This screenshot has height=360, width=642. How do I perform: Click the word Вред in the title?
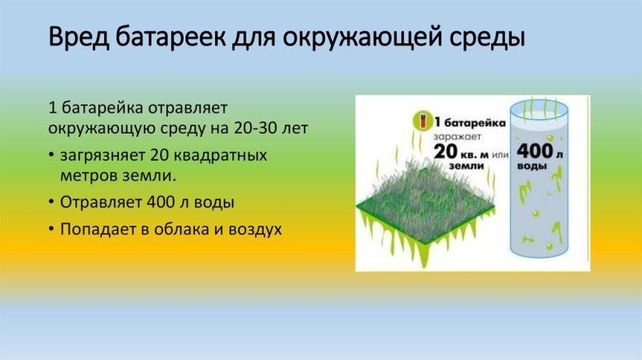(78, 38)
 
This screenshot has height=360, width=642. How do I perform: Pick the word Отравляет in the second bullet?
(101, 202)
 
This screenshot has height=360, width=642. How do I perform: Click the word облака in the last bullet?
(181, 229)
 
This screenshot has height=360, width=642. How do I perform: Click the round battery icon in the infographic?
(423, 121)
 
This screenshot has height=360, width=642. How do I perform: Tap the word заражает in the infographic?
(457, 138)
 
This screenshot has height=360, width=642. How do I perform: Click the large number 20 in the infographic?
(445, 151)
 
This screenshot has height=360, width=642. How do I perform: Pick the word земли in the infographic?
(466, 166)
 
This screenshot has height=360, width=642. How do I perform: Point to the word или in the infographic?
(500, 155)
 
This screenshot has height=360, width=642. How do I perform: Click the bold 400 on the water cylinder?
(535, 151)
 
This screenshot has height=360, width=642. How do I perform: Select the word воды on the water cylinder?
(532, 166)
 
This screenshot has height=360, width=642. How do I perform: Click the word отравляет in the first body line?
(188, 109)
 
